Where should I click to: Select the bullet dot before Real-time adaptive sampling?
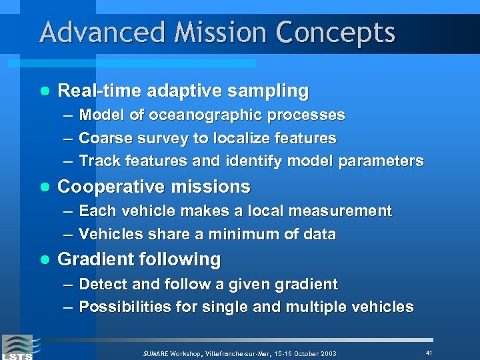(x=45, y=91)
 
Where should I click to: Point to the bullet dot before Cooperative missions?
(x=45, y=187)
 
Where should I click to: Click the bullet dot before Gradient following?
(x=45, y=259)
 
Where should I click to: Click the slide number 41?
(x=429, y=352)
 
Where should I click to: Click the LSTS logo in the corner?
(x=17, y=347)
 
